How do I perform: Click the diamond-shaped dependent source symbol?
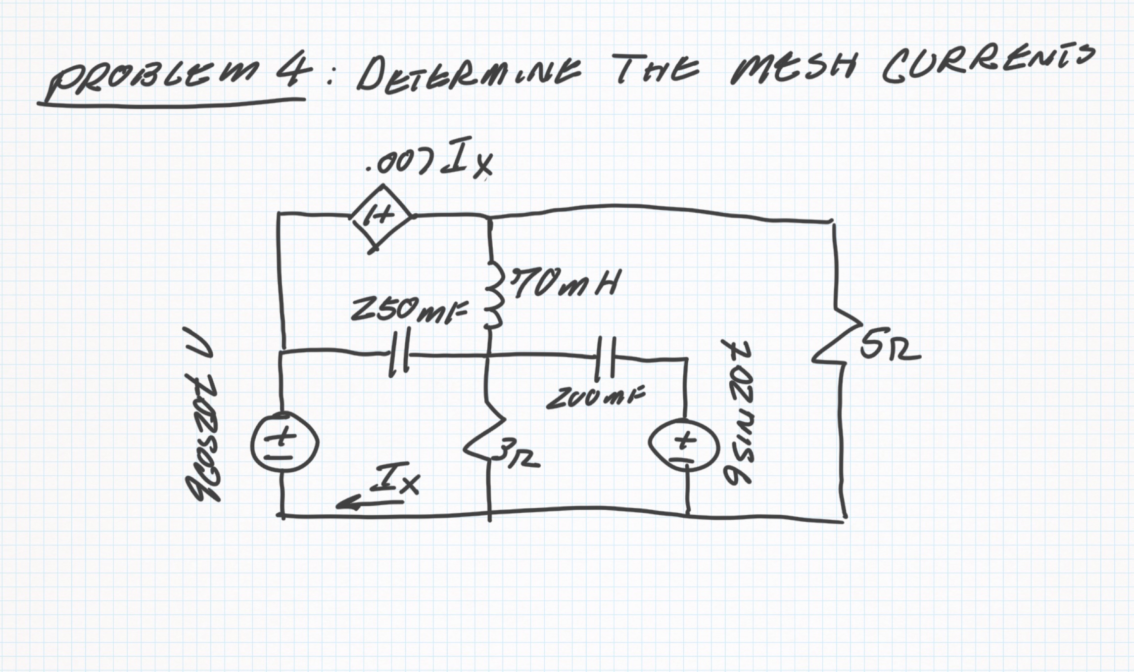pyautogui.click(x=381, y=216)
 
